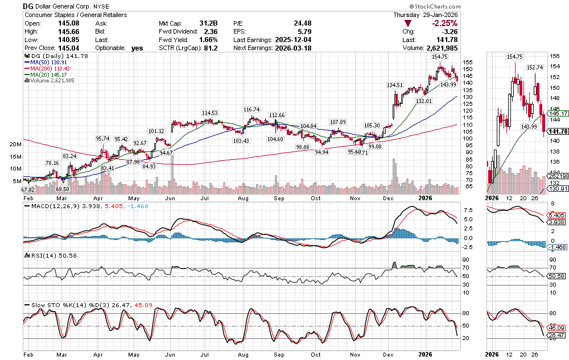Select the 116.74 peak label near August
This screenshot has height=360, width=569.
[x=251, y=109]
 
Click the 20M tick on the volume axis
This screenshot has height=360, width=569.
[x=16, y=144]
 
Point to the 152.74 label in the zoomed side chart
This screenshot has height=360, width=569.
[x=535, y=68]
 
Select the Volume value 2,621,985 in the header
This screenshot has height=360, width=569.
[x=438, y=48]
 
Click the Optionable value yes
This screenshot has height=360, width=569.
[x=137, y=48]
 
